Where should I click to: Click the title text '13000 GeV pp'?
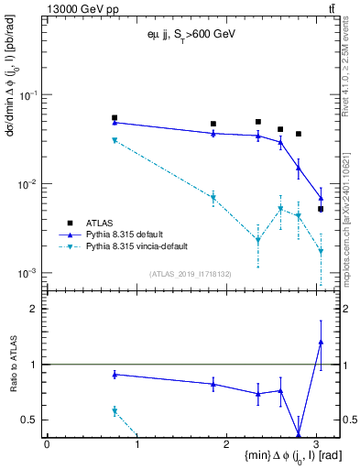coord(80,8)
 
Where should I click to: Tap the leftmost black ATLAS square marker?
coord(115,118)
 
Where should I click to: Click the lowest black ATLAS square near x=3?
coord(321,209)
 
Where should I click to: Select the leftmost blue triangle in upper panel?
coord(115,122)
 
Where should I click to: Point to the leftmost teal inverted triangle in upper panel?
coord(115,140)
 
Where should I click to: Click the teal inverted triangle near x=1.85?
coord(213,198)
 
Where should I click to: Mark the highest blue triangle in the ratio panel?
coord(321,342)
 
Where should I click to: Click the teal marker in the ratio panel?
coord(115,411)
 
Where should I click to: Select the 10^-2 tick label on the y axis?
coord(30,184)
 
